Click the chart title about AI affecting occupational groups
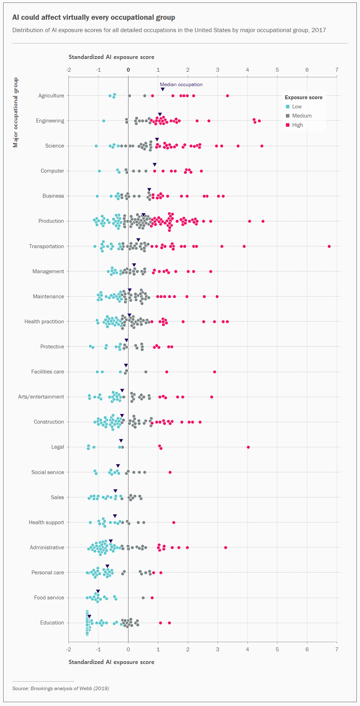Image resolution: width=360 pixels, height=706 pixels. click(94, 17)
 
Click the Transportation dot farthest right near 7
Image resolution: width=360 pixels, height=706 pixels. click(329, 246)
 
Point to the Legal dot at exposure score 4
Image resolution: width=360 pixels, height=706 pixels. click(248, 447)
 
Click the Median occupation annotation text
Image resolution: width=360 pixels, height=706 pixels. click(181, 85)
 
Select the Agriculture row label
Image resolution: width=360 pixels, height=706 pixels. click(51, 96)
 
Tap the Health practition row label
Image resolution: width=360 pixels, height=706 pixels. click(44, 322)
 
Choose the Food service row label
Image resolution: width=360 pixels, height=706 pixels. click(49, 598)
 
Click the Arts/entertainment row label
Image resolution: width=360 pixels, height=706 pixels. click(41, 397)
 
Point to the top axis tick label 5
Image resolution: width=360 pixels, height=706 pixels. click(277, 70)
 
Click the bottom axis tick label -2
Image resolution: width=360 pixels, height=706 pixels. click(68, 650)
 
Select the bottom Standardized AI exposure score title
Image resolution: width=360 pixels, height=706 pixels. click(111, 662)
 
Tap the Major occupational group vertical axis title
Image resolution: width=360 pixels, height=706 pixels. click(15, 112)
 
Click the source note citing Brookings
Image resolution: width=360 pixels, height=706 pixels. click(60, 688)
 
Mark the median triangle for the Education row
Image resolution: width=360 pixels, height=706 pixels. click(89, 616)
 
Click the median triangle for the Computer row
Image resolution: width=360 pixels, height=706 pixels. click(155, 164)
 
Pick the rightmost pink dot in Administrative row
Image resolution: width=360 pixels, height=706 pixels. click(226, 548)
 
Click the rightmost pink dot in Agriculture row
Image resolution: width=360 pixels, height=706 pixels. click(227, 96)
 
